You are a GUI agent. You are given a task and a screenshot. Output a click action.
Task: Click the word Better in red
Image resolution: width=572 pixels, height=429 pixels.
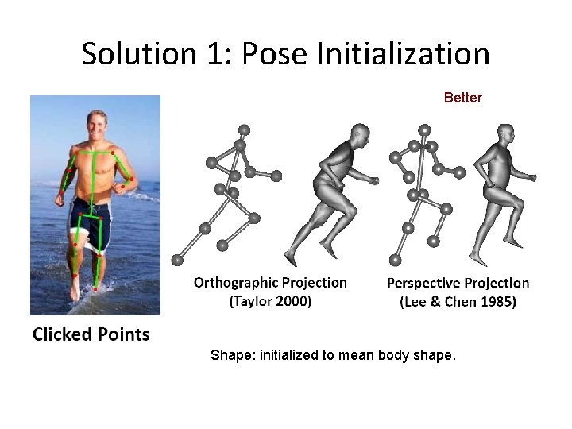pos(462,98)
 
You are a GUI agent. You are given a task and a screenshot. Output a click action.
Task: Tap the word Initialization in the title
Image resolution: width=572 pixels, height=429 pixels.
pos(403,55)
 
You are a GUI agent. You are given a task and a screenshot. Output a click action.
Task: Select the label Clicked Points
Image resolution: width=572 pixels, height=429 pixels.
pos(91,334)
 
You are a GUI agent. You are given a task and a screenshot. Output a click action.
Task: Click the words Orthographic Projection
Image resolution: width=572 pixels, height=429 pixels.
pos(270,283)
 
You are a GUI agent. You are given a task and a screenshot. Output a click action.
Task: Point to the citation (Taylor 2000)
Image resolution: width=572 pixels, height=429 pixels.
pos(270,301)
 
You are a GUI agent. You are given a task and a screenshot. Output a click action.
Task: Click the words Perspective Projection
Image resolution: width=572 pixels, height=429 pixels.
pos(458,283)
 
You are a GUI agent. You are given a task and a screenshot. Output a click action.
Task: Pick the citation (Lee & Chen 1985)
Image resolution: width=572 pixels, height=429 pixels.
pos(458,302)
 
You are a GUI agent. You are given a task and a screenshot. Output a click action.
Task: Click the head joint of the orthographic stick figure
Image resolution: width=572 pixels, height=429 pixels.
pos(244,129)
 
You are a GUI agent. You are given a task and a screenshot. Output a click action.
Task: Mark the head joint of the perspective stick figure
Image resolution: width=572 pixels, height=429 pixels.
pos(425,129)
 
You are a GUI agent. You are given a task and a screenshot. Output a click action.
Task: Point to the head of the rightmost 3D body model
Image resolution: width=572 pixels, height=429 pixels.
pos(505,133)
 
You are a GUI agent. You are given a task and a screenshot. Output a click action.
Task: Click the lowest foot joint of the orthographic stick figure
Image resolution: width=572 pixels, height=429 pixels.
pos(177,260)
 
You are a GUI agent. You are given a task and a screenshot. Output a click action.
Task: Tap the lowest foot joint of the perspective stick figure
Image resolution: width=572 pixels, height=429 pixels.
pos(395,259)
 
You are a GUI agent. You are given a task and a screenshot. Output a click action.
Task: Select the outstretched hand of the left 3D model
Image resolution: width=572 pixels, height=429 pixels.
pos(372,180)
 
